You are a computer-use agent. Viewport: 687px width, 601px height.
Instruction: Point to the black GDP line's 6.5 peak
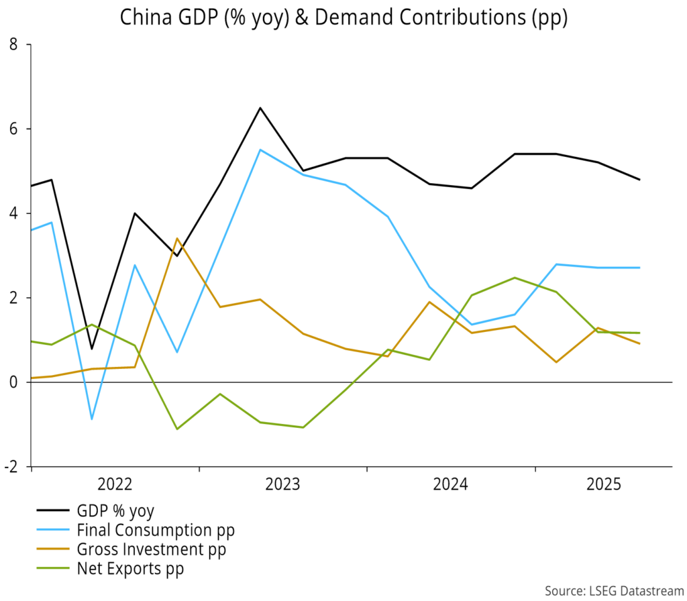[260, 107]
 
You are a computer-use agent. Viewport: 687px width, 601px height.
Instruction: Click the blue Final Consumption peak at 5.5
[260, 150]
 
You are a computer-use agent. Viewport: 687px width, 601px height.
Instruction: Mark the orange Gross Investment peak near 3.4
[176, 238]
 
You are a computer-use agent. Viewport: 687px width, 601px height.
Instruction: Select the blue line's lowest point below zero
[92, 419]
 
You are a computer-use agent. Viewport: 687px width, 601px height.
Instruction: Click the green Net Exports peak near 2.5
[514, 277]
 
